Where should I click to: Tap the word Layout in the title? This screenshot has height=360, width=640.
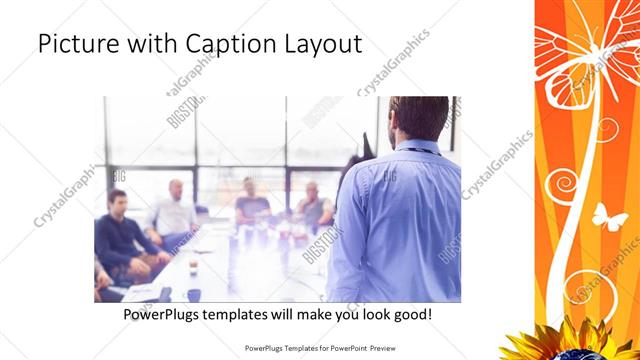319,45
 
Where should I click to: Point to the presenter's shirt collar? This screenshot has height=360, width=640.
411,147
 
